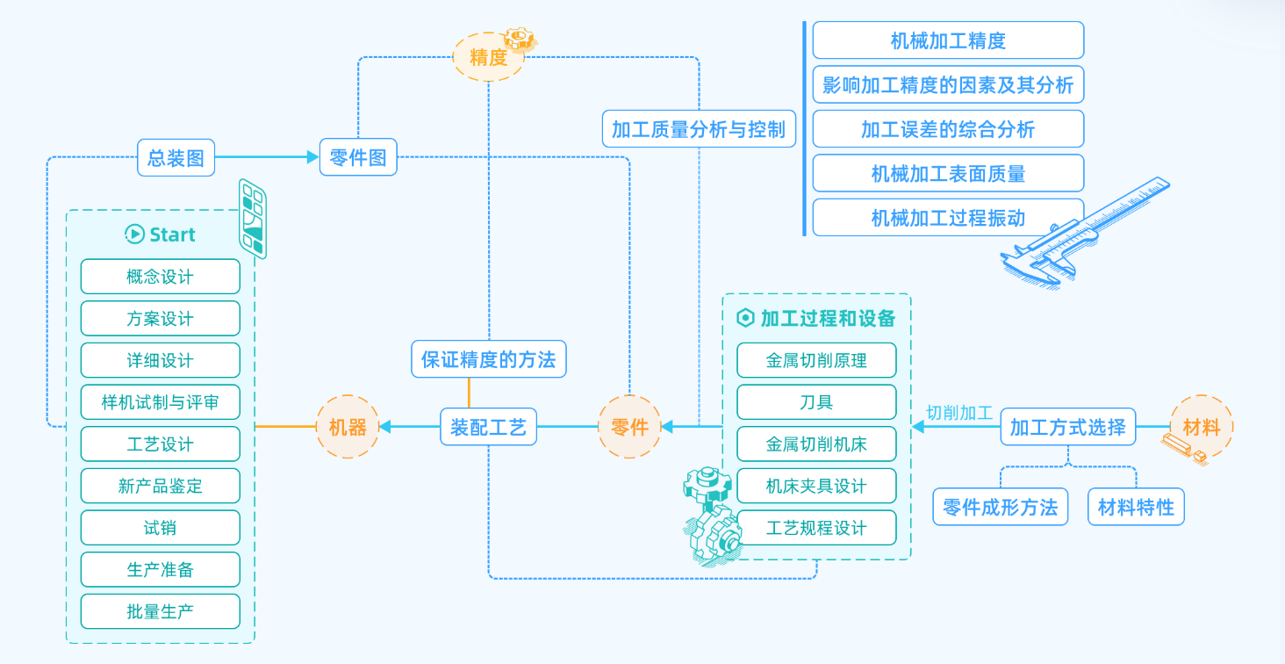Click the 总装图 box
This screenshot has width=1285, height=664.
176,157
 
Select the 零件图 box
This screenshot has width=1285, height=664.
358,157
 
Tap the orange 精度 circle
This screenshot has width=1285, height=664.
488,58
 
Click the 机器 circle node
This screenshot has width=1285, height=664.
348,427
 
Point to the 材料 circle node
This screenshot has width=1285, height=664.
1202,428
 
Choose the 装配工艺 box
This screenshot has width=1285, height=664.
488,428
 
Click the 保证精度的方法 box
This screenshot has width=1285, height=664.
489,359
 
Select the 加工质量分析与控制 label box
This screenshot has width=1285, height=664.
699,129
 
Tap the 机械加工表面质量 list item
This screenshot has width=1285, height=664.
948,174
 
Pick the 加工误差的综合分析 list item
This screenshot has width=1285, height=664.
948,129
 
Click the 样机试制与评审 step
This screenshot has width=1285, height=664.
160,402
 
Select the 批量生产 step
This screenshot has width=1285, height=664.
160,611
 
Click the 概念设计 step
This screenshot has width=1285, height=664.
160,277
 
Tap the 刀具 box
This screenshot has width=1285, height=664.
816,402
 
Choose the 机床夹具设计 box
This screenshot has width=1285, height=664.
816,486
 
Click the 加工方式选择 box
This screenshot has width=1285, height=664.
1068,428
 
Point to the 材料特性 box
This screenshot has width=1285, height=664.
1136,507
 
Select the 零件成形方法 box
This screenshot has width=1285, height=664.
1000,507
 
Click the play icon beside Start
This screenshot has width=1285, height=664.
134,234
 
